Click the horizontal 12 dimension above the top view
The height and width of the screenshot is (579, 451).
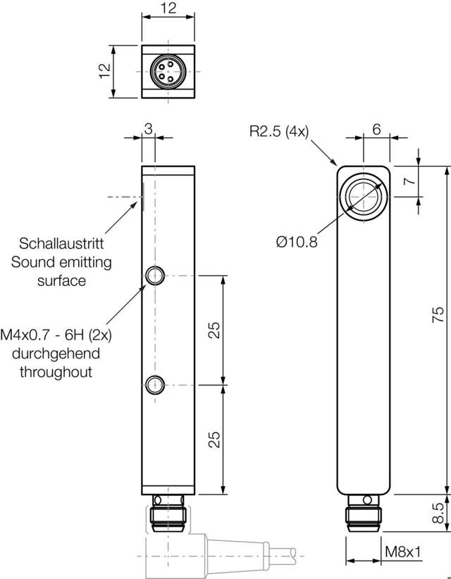pos(168,9)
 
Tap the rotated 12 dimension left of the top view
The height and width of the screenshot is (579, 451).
pos(104,71)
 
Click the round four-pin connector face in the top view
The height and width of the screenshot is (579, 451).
pos(168,71)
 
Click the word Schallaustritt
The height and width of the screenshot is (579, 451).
pos(62,244)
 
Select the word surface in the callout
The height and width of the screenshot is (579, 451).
pos(63,280)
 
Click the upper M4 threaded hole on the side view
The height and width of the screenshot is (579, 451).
pos(154,275)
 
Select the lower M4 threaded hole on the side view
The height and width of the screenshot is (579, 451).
pos(154,384)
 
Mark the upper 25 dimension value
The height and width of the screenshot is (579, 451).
pos(215,330)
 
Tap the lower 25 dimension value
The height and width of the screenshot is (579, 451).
pos(215,439)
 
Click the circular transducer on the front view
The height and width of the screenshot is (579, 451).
pos(364,194)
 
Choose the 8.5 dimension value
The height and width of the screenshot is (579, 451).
pos(437,512)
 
